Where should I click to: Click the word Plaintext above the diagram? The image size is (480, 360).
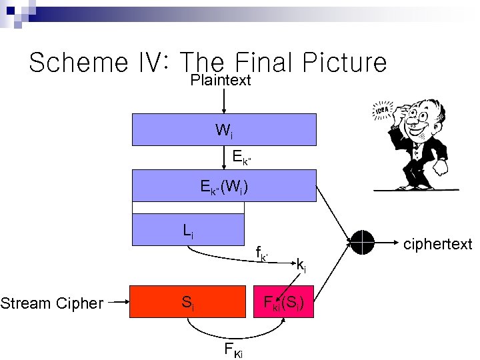(221, 81)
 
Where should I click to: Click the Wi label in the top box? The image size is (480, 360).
(224, 131)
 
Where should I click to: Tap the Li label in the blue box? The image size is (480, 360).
(189, 231)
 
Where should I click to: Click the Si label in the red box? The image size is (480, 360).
(188, 303)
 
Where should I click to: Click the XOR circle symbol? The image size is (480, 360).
(363, 242)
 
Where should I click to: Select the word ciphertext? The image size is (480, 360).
(437, 244)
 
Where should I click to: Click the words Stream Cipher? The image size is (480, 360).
(52, 304)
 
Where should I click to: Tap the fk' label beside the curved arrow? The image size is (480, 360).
(261, 253)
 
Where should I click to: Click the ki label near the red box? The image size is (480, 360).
(301, 267)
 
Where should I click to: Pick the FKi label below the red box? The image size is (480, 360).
(233, 349)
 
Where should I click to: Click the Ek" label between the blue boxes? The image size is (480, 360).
(241, 157)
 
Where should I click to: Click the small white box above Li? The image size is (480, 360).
(188, 207)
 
